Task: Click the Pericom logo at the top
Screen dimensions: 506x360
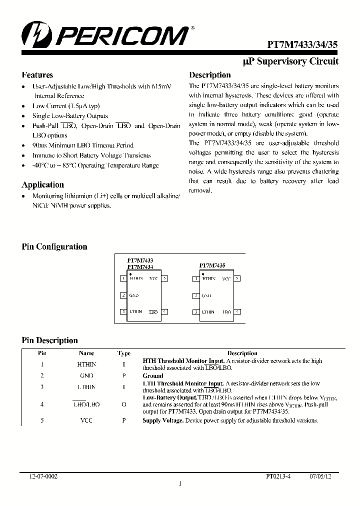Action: [x=104, y=36]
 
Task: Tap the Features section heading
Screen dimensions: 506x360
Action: [x=37, y=75]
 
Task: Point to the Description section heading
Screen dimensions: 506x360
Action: [x=209, y=75]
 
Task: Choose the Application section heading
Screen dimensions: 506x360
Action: [x=43, y=184]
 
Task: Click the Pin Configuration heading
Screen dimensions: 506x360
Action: [x=54, y=246]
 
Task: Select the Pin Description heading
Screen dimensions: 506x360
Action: [x=49, y=340]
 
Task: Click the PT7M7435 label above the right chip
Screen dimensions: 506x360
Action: [x=212, y=265]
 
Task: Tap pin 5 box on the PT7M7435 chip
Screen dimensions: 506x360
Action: [x=238, y=278]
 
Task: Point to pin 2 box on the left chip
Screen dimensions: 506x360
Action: [x=122, y=295]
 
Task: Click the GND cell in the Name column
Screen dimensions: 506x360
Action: [x=86, y=375]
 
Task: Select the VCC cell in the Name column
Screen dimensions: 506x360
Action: [x=86, y=420]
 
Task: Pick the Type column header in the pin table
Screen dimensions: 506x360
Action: [x=123, y=353]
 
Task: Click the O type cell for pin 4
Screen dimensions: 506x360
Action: [x=123, y=404]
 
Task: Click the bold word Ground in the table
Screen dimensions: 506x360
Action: [x=153, y=375]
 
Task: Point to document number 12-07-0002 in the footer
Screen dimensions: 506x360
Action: [x=43, y=477]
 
